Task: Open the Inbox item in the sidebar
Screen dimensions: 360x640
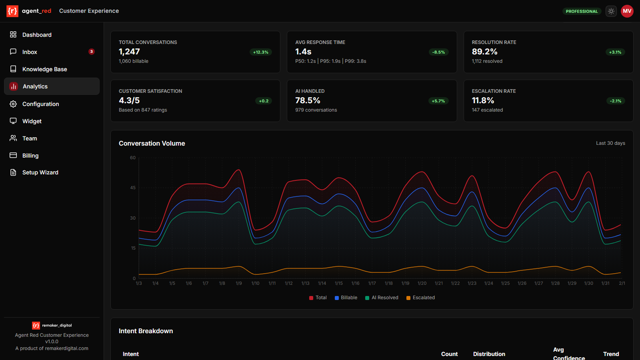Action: click(x=30, y=52)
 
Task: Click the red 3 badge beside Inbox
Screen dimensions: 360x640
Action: click(x=92, y=52)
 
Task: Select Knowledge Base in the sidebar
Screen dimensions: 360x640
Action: click(x=44, y=69)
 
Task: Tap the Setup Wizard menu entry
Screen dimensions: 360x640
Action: click(x=40, y=172)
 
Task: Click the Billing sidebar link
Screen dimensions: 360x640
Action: click(x=30, y=156)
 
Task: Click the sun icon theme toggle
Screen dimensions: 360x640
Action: click(x=611, y=11)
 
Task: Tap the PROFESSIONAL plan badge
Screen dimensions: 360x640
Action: click(x=582, y=11)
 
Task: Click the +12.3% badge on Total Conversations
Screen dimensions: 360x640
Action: click(x=261, y=52)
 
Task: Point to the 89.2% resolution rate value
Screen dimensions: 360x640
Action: click(x=484, y=52)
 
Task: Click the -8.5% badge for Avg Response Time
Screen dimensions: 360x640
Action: click(x=438, y=52)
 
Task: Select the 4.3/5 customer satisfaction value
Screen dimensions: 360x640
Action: click(x=129, y=100)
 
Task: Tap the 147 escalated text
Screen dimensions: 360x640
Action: click(x=487, y=110)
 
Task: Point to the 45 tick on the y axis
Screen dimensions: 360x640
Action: click(x=133, y=188)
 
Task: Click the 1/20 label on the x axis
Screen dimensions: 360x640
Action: click(x=422, y=283)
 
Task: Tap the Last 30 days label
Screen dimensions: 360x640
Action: click(x=610, y=143)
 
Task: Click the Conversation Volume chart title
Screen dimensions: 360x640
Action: click(x=152, y=143)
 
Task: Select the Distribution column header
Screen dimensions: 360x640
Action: click(x=489, y=354)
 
